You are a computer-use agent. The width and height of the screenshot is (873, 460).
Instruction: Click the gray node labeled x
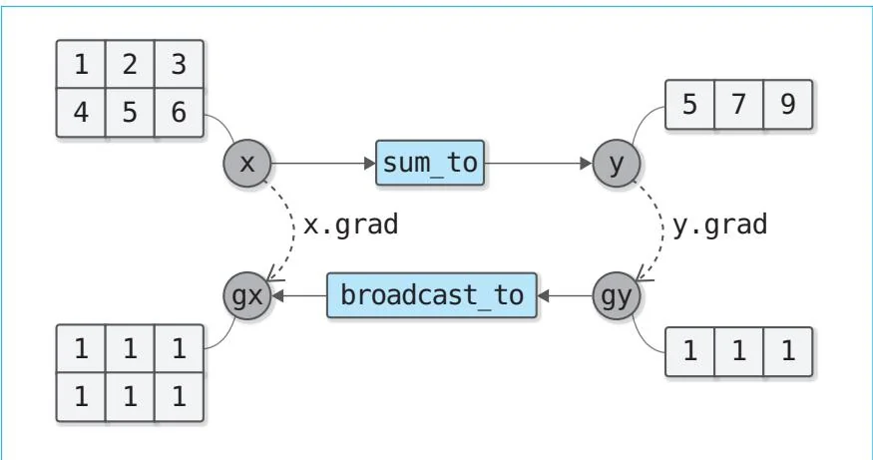247,163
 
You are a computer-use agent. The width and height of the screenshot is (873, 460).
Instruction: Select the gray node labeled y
616,163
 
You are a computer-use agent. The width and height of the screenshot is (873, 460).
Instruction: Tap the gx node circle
247,295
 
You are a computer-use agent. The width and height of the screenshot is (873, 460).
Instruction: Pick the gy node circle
616,295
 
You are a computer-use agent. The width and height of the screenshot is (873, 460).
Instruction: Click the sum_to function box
430,163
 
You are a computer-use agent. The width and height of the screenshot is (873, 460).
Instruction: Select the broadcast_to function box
432,295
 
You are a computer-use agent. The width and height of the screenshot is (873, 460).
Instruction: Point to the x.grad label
350,225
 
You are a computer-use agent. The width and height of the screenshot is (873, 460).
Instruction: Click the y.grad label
719,225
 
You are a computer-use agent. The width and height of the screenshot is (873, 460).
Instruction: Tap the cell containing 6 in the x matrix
179,112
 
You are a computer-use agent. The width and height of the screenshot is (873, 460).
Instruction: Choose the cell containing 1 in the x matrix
81,65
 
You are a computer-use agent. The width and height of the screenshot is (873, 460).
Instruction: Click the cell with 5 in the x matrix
130,112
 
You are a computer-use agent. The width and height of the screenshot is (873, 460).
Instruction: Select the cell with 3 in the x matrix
179,65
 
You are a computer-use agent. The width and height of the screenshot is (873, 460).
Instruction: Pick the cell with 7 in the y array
739,105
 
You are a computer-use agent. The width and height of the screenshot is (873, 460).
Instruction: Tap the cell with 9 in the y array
788,105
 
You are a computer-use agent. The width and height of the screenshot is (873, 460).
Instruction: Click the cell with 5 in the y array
690,105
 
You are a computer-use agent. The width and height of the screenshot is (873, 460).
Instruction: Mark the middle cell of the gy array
739,351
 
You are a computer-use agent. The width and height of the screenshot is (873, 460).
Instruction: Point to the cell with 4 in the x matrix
81,112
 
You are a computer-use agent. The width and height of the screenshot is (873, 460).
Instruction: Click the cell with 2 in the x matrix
130,65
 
